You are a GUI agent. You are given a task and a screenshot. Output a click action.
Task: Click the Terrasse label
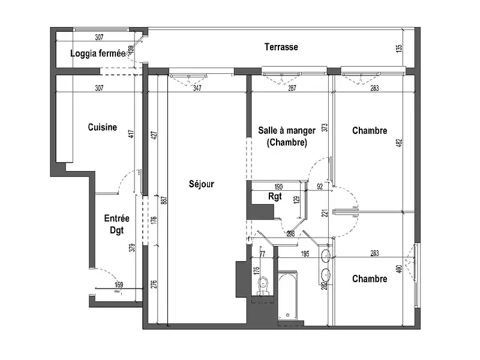[281, 47]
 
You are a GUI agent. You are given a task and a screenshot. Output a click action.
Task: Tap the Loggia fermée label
[97, 54]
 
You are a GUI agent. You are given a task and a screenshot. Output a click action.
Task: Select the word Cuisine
[102, 127]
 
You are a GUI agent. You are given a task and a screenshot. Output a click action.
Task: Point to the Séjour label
[200, 184]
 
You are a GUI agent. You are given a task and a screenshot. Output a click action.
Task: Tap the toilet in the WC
[262, 286]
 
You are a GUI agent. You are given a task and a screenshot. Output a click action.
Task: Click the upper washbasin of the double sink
[325, 257]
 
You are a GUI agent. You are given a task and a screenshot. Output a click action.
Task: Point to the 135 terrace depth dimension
[400, 49]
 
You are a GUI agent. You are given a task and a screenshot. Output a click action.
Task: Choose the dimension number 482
[398, 145]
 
